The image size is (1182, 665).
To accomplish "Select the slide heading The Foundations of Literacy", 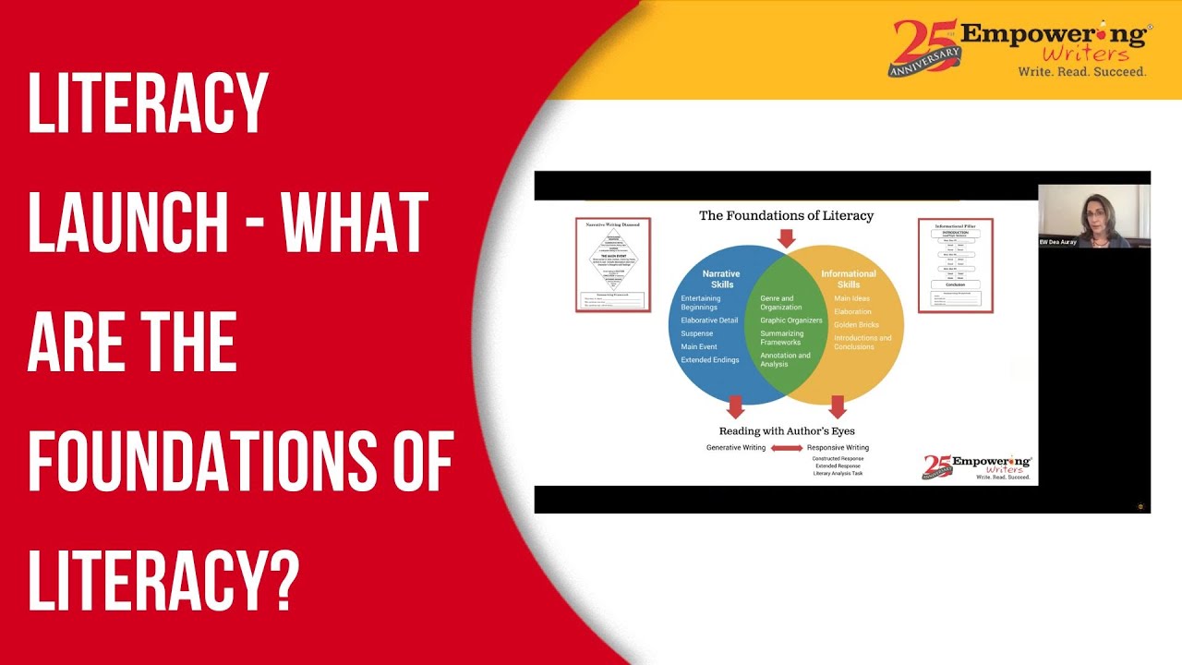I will (786, 216).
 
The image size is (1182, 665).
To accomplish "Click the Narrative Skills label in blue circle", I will (721, 279).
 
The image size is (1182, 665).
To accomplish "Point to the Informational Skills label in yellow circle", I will (849, 279).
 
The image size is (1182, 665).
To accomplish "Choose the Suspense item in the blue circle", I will (696, 333).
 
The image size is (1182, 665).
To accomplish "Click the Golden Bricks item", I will (856, 324).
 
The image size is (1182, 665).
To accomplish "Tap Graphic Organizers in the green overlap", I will (790, 320).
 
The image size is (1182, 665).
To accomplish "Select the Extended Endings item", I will (709, 359).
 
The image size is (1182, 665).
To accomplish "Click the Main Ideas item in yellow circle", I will (851, 298).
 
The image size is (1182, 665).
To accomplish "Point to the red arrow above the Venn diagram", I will (786, 237).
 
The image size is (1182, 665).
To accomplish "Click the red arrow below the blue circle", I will (735, 406).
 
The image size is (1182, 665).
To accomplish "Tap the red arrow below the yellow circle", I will (838, 406).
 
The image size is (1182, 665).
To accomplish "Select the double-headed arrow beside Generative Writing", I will (787, 448).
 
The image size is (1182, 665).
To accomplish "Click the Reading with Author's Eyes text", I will (787, 430).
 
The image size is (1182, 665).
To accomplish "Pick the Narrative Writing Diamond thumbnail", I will (612, 264).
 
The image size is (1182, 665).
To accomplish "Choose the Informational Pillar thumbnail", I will (955, 264).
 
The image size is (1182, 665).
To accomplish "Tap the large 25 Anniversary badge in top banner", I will (923, 48).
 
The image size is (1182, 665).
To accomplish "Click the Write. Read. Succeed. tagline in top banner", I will (1081, 71).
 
